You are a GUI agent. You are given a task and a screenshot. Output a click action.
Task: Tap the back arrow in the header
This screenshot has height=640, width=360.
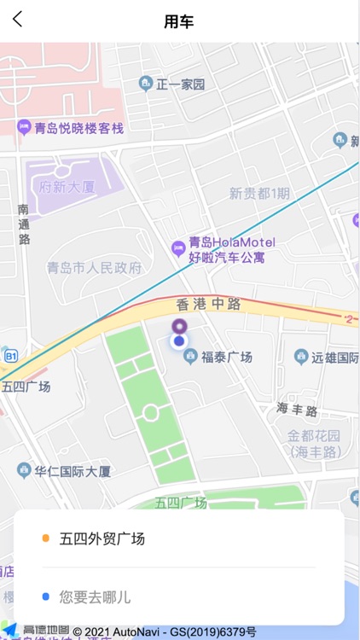[18, 20]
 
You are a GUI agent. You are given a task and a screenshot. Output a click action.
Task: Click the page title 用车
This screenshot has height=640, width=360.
[179, 21]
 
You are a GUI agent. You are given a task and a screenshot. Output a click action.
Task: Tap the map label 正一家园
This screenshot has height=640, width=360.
[180, 84]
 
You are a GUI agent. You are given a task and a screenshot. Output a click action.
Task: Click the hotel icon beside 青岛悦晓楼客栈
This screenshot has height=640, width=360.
[24, 128]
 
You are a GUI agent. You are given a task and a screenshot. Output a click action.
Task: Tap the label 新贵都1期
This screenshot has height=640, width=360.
[259, 194]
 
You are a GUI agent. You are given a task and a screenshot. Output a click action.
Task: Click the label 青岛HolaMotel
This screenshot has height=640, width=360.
[231, 242]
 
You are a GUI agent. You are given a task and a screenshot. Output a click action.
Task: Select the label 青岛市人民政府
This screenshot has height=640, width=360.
[94, 268]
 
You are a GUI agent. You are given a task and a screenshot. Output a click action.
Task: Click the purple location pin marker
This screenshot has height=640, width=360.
[179, 325]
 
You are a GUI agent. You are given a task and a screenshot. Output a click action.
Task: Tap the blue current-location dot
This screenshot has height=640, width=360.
[179, 341]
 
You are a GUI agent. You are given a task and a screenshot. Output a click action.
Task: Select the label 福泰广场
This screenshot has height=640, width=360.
[226, 358]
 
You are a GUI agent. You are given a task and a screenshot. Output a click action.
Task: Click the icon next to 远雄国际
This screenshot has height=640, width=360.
[300, 357]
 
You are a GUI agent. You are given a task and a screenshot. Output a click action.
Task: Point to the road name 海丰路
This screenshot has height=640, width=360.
[297, 410]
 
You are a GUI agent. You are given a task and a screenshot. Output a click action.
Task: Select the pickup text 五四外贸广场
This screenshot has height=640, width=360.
[102, 538]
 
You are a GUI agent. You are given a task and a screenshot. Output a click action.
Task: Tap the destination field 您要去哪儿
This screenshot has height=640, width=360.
[95, 596]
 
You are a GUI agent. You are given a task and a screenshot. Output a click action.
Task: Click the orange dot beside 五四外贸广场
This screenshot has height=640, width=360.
[45, 538]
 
